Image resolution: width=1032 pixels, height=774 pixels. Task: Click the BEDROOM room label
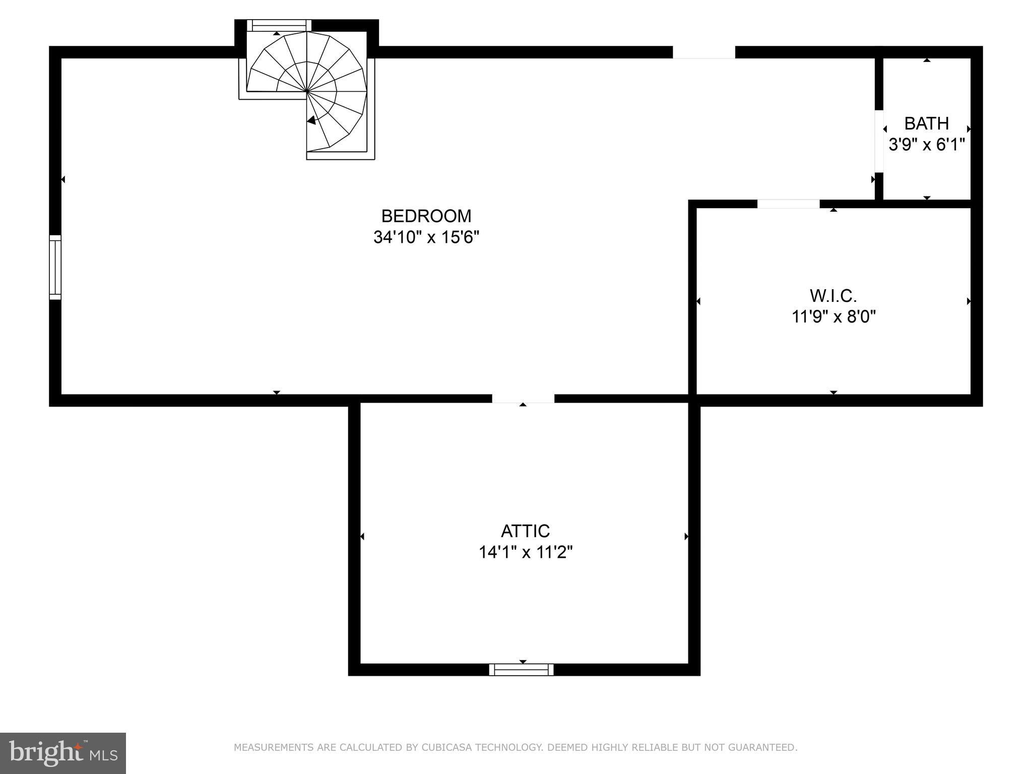click(426, 216)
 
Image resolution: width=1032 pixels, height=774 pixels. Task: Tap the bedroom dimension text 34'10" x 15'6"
click(426, 237)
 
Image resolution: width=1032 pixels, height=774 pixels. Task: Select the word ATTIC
click(525, 531)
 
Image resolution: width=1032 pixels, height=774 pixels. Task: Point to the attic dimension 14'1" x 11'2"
click(526, 552)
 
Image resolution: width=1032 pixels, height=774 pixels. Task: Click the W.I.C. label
click(833, 295)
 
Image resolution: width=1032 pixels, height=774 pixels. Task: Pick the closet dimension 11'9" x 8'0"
click(834, 316)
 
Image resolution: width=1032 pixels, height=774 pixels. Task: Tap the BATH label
click(926, 123)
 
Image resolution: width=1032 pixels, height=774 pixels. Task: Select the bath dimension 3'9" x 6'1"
click(926, 145)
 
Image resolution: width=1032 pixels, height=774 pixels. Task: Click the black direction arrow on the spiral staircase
click(311, 120)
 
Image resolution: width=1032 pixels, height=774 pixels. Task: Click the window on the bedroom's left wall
click(55, 267)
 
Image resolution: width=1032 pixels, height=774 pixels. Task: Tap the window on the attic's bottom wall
click(522, 669)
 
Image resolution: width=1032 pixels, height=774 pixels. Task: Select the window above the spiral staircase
click(279, 25)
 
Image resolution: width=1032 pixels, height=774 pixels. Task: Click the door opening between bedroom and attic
click(523, 399)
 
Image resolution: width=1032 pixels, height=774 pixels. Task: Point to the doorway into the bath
click(879, 141)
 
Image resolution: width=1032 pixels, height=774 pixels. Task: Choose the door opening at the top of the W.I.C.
click(788, 204)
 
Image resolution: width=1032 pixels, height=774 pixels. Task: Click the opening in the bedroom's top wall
click(704, 52)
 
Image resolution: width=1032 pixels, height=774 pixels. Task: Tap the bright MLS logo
click(63, 753)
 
